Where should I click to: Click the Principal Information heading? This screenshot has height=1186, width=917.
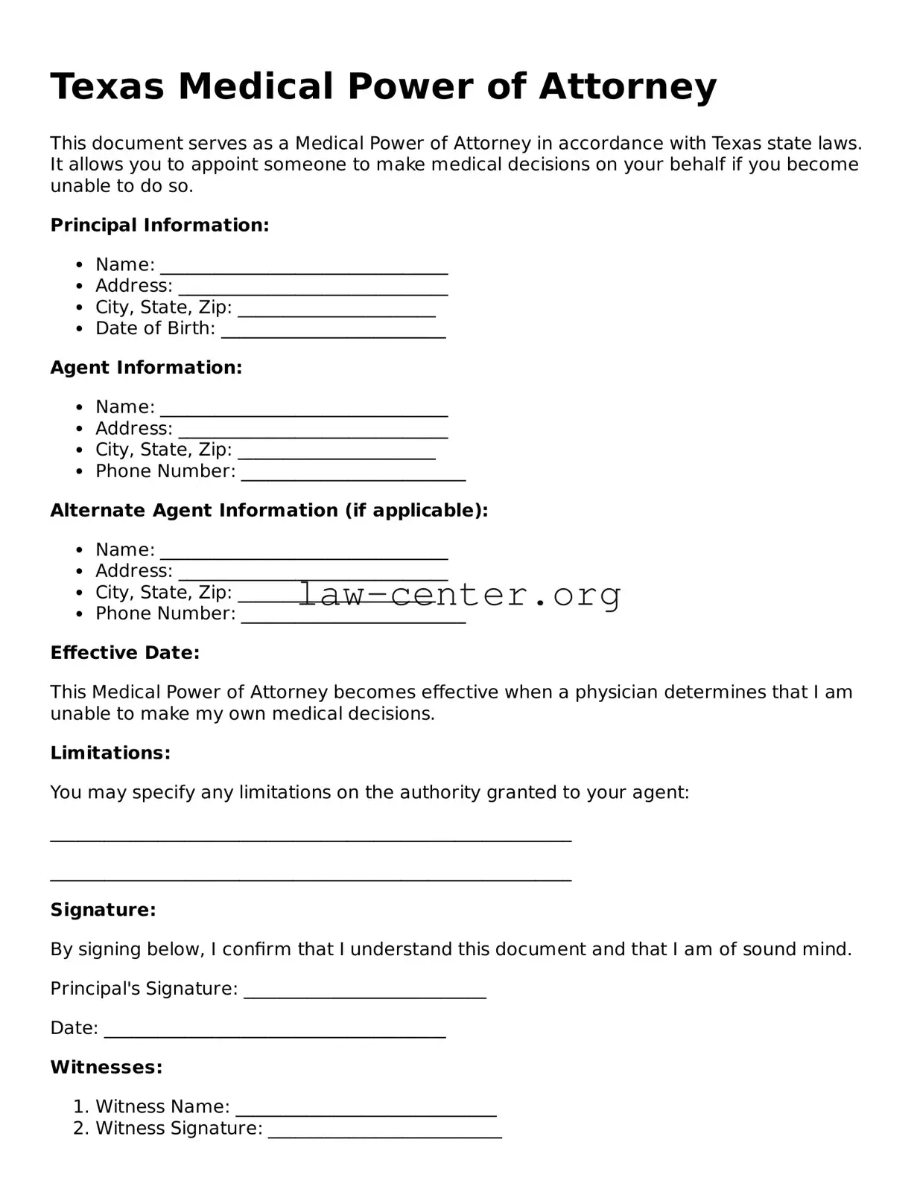pos(159,225)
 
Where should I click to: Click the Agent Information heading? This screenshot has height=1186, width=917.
pos(146,367)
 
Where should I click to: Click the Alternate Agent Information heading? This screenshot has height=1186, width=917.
pos(269,510)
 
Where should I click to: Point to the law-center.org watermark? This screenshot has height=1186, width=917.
pos(460,594)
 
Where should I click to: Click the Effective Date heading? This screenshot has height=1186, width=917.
pos(124,652)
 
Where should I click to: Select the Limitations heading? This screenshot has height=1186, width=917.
pos(110,753)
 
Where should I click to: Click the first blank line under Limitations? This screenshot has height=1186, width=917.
pos(311,837)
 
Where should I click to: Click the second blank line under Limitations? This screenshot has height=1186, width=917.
pos(311,876)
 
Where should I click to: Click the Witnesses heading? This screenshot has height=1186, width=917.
pos(106,1067)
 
